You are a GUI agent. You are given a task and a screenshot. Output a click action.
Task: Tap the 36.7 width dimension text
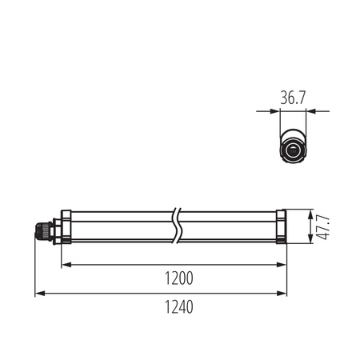tap(294, 98)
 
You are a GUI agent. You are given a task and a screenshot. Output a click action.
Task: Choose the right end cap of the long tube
tap(281, 227)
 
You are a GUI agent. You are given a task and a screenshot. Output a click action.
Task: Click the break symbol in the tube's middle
tap(177, 227)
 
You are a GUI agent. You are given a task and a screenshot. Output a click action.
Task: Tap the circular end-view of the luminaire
tap(294, 150)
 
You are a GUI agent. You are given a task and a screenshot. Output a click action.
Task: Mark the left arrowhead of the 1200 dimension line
tap(66, 264)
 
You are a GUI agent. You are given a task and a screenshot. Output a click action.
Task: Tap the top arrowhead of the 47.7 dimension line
tap(309, 213)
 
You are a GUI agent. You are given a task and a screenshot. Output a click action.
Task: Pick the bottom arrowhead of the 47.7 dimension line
tap(309, 242)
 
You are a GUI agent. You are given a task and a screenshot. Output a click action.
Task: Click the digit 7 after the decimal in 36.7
tap(305, 98)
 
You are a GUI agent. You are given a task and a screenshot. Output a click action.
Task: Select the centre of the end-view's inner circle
tap(294, 150)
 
